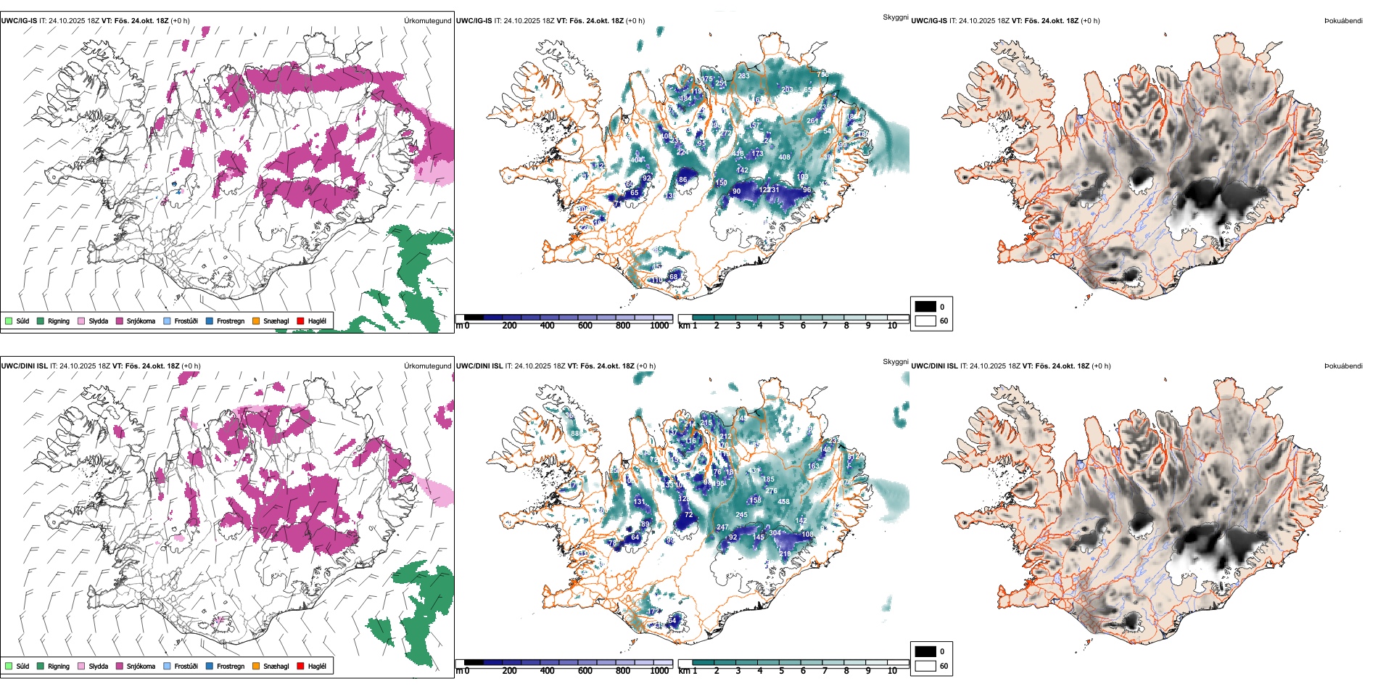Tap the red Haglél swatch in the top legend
pos(300,321)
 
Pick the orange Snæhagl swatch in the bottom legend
pos(256,666)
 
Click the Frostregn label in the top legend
pos(230,321)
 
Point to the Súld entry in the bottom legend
pos(17,666)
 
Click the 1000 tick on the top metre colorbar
pos(659,326)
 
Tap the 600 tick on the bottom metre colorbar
pos(585,671)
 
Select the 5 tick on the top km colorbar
pos(781,326)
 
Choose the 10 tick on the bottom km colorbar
pos(892,671)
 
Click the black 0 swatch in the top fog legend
pos(925,307)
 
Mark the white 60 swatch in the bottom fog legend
pos(925,666)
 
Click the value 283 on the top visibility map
pos(743,75)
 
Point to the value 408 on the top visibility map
pos(784,157)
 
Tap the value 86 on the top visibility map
pos(682,180)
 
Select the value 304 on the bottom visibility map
pos(775,533)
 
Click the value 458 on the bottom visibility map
pos(783,502)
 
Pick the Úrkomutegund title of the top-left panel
pos(427,21)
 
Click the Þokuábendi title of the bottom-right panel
pos(1343,366)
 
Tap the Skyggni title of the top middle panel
pos(895,17)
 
